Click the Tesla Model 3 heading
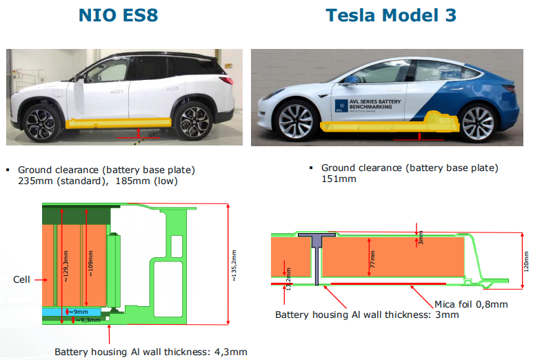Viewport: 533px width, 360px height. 390,15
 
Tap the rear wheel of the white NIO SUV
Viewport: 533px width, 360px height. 193,122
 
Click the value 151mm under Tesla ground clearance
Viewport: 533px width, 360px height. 339,179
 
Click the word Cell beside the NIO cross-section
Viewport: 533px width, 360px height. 22,279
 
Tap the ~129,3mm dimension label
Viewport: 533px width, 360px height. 65,266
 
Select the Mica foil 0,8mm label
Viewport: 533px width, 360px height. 472,303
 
